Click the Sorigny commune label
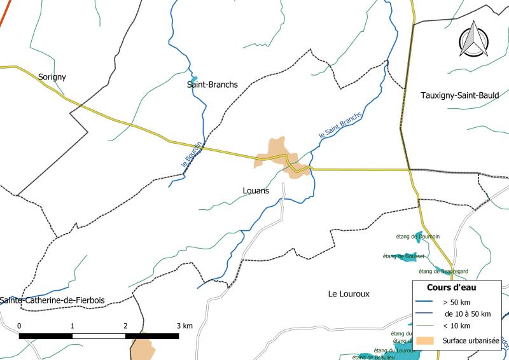tap(52, 77)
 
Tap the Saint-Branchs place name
tap(213, 84)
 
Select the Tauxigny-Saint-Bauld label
tap(460, 95)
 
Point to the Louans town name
tap(256, 190)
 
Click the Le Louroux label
tap(349, 294)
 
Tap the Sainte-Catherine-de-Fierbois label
tap(52, 300)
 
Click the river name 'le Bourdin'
tap(192, 155)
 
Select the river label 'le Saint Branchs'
tap(340, 125)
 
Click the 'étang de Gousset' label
tap(403, 256)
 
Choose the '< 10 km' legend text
tap(457, 326)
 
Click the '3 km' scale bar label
tap(184, 326)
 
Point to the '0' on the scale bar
tap(20, 326)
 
